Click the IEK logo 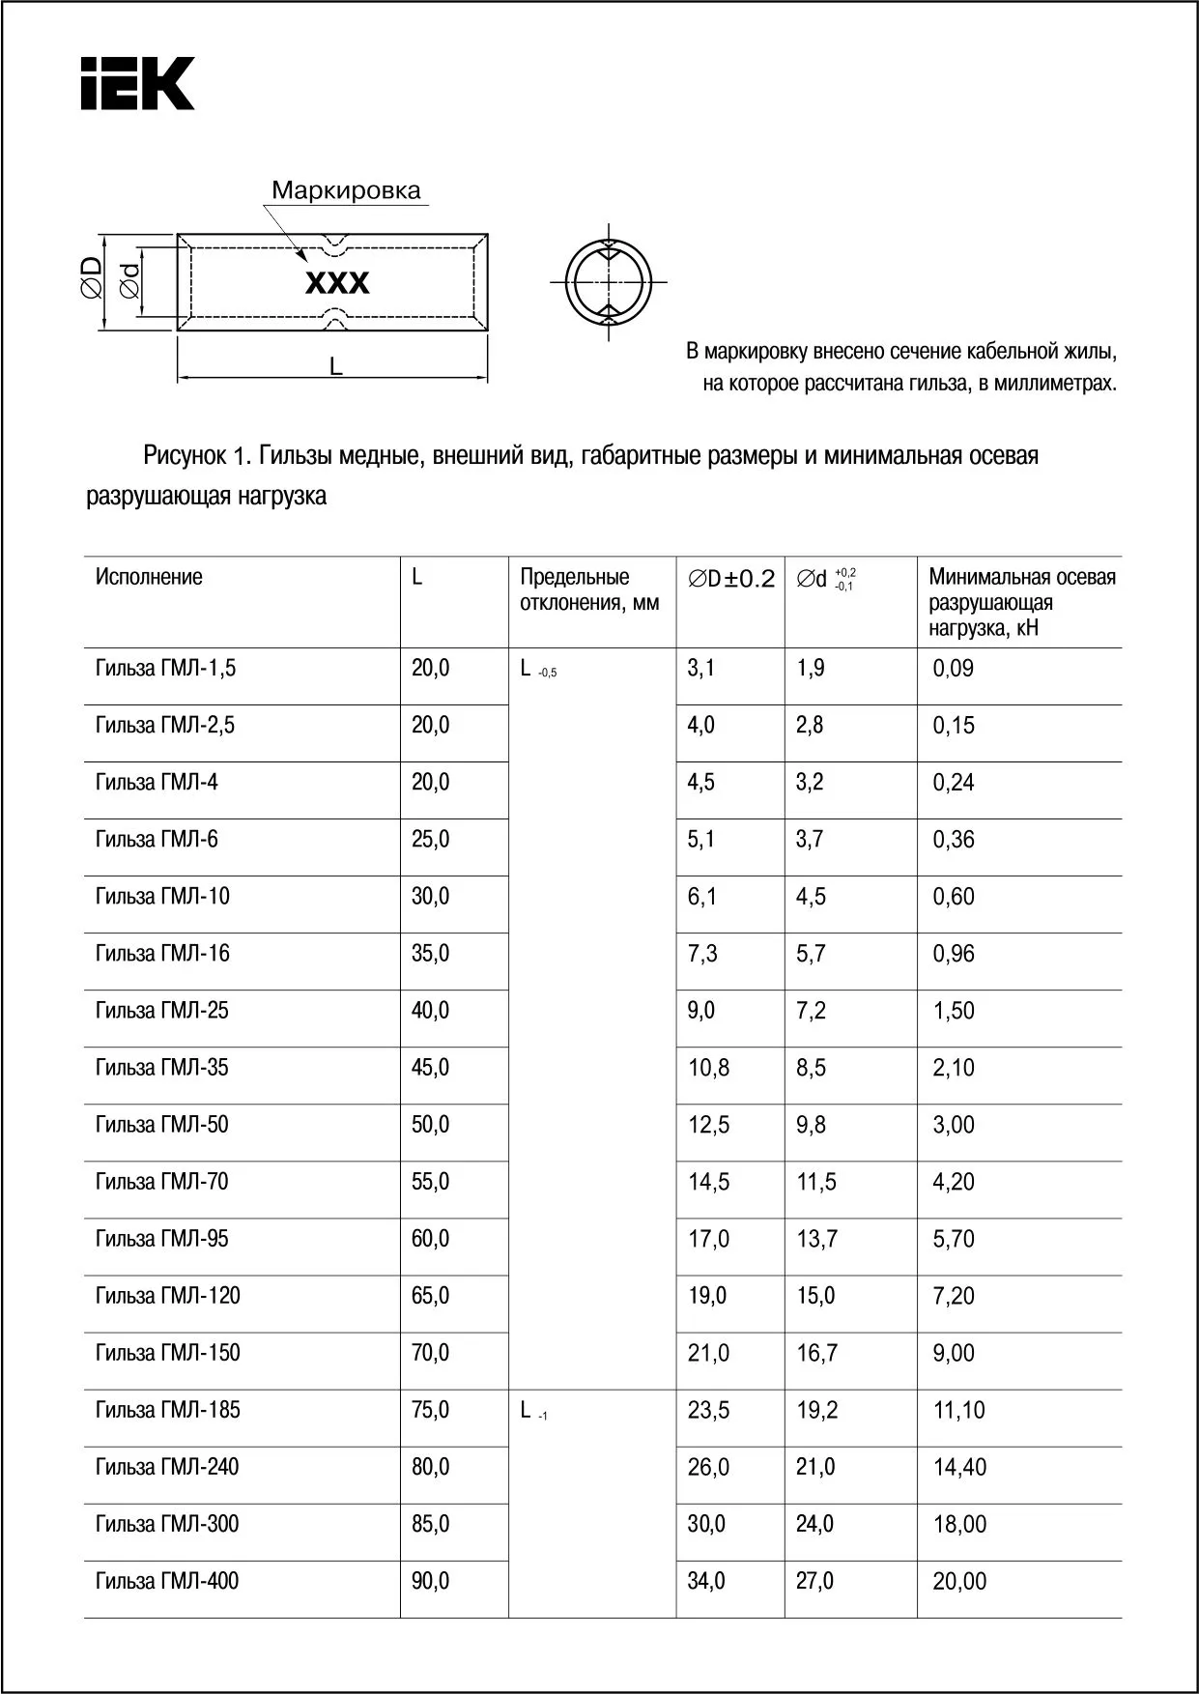[x=137, y=83]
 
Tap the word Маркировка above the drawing [x=346, y=190]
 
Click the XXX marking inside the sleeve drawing [x=337, y=283]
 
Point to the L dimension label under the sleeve [x=336, y=366]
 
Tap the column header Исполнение [x=149, y=578]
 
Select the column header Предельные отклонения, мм [x=589, y=589]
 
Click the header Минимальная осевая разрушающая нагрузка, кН [x=1021, y=602]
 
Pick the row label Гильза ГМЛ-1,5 [x=165, y=668]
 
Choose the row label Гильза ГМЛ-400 [x=167, y=1581]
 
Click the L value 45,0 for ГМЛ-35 [x=431, y=1068]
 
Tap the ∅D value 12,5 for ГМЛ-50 [x=708, y=1125]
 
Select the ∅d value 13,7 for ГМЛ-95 [x=817, y=1239]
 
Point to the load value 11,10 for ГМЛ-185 [x=958, y=1410]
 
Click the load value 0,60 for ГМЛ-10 [x=954, y=897]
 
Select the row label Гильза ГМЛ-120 [x=168, y=1296]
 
